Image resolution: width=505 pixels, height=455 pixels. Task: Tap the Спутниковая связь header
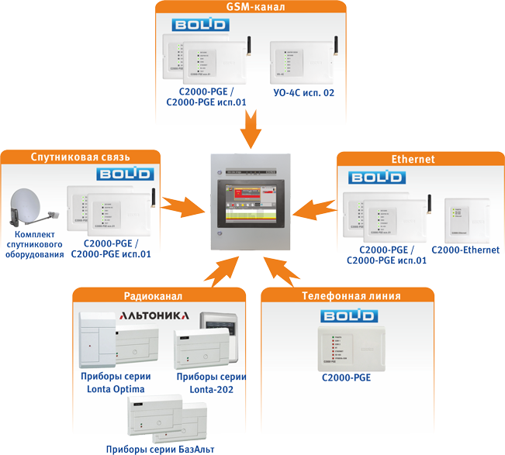tap(81, 157)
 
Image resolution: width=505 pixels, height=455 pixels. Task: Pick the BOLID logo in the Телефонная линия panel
tap(350, 316)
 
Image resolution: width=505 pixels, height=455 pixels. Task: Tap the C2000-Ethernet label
tap(465, 250)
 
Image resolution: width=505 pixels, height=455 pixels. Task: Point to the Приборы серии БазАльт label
tap(160, 449)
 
